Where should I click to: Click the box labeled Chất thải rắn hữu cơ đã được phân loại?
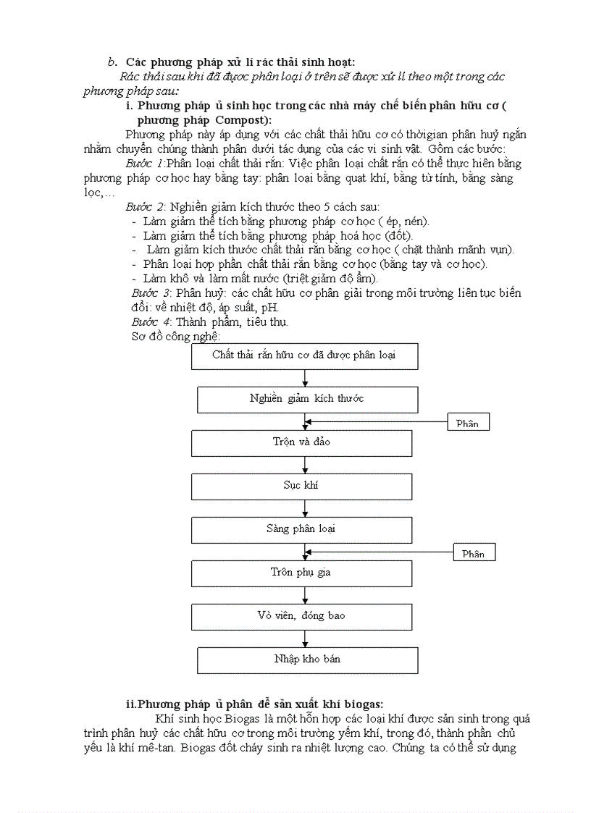pos(304,355)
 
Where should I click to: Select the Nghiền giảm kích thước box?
pos(307,399)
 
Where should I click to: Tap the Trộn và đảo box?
pos(302,442)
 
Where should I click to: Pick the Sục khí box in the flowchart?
pos(302,486)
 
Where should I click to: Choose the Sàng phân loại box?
pos(302,529)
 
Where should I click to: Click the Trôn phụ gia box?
pos(302,573)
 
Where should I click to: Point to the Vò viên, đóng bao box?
pos(302,616)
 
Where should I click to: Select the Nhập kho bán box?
pos(307,660)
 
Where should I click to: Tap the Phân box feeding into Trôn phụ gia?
pos(474,554)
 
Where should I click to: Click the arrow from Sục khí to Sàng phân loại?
pos(305,508)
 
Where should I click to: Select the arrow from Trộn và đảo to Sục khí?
pos(305,465)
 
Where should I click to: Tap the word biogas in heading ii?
pos(365,704)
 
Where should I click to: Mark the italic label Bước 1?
pos(144,164)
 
